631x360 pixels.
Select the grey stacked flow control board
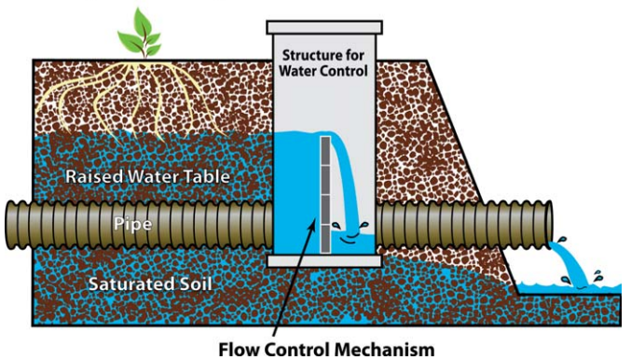coord(326,195)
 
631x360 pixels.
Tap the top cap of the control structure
coord(325,24)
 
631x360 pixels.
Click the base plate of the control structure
coord(324,261)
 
